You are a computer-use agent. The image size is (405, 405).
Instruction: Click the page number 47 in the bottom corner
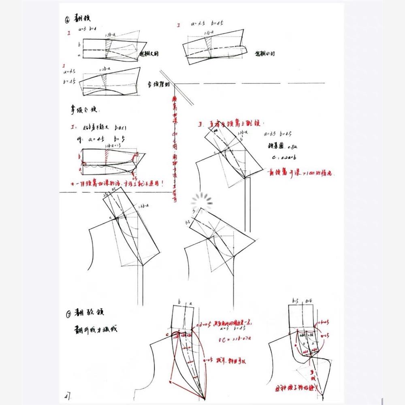[68, 394]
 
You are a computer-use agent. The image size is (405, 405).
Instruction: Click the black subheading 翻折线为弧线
[96, 328]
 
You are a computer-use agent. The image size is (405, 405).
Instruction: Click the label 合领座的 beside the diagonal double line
[159, 85]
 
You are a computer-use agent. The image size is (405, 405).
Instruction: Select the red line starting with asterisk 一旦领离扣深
[117, 183]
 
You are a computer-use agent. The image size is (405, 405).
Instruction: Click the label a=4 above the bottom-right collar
[309, 301]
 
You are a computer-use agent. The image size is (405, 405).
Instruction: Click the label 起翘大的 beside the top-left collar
[149, 53]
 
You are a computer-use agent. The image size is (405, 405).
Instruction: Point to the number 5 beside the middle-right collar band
[194, 211]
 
